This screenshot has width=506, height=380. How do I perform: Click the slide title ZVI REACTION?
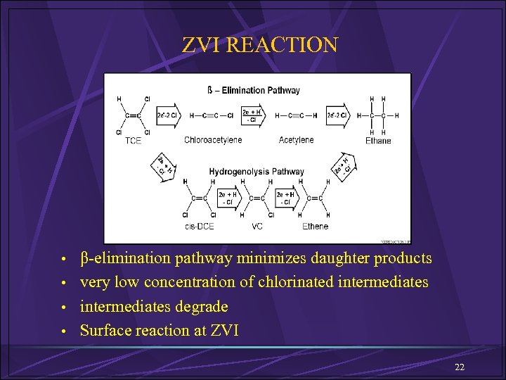click(260, 45)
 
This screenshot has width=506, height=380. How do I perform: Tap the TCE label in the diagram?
click(133, 141)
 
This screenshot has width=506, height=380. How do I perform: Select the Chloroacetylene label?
click(213, 140)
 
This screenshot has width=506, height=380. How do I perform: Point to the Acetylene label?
click(296, 140)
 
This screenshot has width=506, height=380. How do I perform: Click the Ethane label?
click(378, 141)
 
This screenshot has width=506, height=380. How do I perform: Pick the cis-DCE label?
click(200, 226)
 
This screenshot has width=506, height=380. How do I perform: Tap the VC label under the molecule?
click(257, 226)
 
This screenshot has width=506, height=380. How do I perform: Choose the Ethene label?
click(315, 226)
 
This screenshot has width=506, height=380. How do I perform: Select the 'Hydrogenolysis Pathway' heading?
click(257, 171)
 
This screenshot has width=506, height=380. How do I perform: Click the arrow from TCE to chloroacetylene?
click(167, 115)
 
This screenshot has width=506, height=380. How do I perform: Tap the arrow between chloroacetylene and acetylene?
click(254, 115)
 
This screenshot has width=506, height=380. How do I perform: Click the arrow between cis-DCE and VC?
click(228, 198)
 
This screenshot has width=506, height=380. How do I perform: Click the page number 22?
click(460, 367)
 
